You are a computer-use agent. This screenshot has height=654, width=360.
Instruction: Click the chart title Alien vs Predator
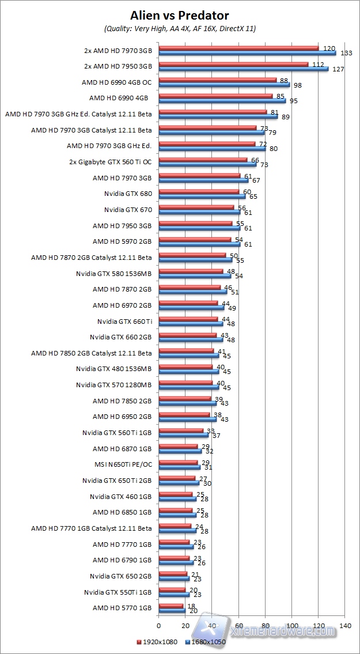180,14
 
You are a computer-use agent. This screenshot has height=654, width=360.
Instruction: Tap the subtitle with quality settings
180,28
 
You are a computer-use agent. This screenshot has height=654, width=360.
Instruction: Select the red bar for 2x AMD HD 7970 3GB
238,48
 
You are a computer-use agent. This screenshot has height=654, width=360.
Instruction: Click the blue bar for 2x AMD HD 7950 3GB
243,69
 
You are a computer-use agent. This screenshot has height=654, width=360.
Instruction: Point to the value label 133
346,53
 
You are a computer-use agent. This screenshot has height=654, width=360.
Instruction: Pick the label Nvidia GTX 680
128,194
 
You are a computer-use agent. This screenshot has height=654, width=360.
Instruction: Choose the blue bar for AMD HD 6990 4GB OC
224,85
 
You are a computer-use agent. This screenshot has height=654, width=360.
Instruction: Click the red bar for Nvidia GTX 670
196,207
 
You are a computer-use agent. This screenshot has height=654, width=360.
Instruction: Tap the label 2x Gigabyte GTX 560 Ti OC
118,162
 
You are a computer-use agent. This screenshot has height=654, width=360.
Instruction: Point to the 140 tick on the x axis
346,625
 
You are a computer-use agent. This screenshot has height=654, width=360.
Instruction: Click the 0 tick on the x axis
158,625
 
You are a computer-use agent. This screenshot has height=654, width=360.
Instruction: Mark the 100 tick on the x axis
292,625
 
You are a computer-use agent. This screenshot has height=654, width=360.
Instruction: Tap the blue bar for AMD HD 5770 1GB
172,610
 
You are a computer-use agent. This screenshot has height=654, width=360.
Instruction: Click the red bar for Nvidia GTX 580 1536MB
191,271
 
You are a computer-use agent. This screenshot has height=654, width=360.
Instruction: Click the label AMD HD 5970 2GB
122,241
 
